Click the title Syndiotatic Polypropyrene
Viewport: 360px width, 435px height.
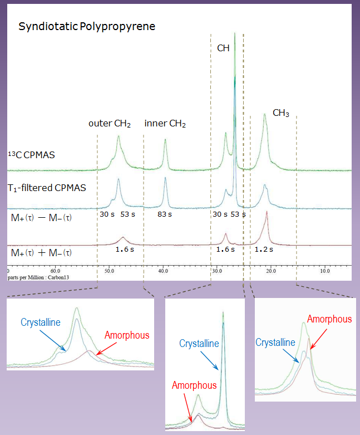[x=86, y=26]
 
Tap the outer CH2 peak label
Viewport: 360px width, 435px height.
[x=110, y=123]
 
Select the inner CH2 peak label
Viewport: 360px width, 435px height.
[x=165, y=123]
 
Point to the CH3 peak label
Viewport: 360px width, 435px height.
[x=280, y=113]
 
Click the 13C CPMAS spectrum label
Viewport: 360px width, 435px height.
[x=32, y=155]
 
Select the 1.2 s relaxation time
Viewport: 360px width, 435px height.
[x=263, y=250]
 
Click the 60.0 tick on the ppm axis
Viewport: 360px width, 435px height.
[x=55, y=272]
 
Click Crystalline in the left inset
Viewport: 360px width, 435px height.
[x=40, y=322]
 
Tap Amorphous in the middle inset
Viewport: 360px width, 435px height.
[x=194, y=385]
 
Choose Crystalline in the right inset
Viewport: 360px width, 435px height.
[x=275, y=342]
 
